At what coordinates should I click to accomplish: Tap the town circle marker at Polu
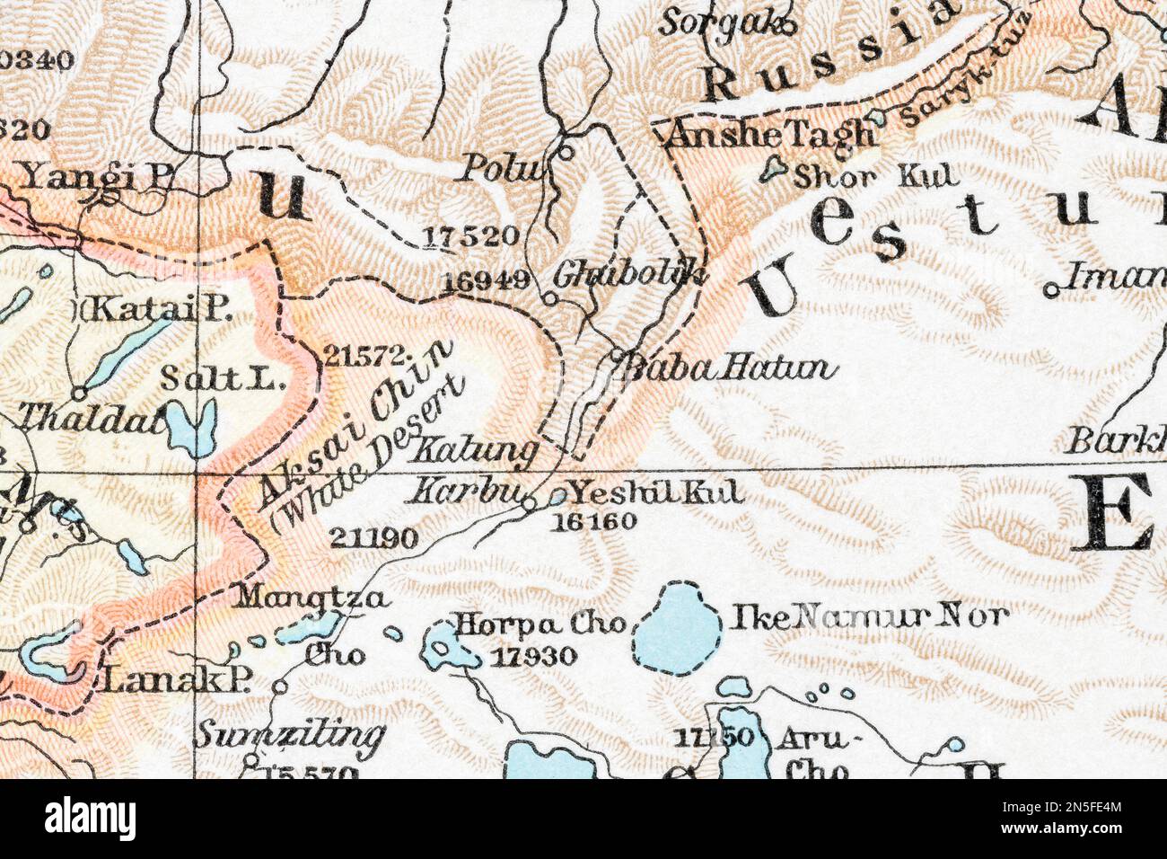[x=566, y=152]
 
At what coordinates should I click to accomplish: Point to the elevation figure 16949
[x=486, y=279]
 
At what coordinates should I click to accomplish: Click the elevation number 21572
[x=356, y=355]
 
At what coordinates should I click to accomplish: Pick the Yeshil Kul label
[x=658, y=492]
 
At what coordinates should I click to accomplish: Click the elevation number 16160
[x=595, y=520]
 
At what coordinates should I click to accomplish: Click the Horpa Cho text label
[x=539, y=624]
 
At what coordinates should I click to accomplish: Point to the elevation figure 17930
[x=533, y=657]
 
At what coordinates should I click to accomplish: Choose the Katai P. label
[x=156, y=311]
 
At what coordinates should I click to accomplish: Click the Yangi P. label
[x=96, y=177]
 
